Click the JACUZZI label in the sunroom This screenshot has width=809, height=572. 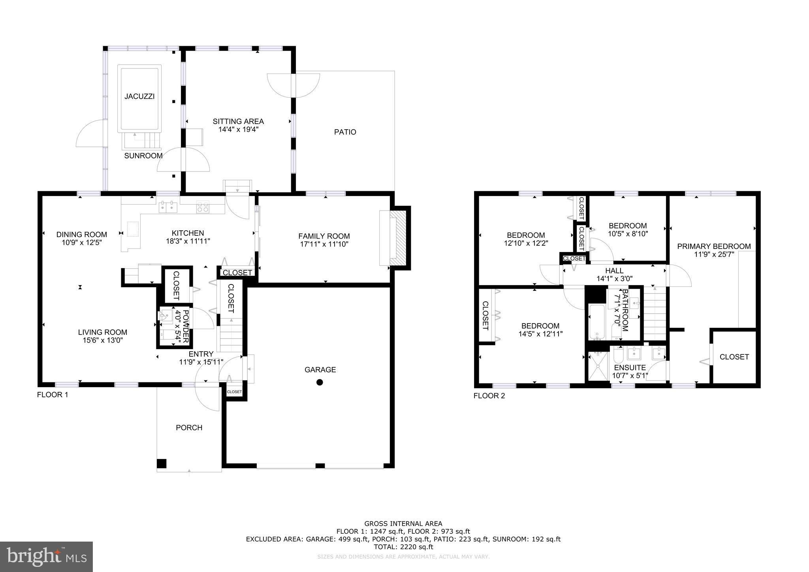139,96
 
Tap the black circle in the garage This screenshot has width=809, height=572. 320,382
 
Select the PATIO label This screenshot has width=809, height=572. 345,132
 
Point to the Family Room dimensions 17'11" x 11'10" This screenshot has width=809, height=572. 324,244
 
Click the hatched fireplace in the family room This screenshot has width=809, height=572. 400,239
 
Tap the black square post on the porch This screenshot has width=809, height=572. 162,463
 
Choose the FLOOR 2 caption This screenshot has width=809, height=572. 489,396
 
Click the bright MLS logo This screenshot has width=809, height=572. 46,557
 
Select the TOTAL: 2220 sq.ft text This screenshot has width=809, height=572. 403,547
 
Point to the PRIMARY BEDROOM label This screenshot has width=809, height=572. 714,246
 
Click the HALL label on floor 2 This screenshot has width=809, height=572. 614,271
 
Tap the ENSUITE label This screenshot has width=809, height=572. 630,367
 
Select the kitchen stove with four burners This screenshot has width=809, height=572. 203,207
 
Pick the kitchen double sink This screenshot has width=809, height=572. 168,207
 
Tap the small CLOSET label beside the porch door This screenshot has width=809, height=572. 234,392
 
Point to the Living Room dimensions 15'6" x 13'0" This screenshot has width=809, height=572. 102,341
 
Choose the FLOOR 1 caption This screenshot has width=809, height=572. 53,395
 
